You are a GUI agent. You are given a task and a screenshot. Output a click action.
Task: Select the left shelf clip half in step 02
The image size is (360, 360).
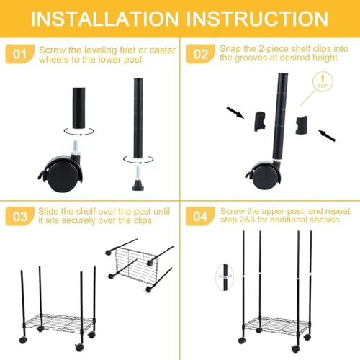[x=261, y=121]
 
